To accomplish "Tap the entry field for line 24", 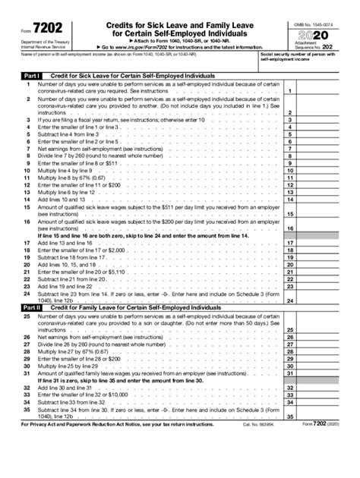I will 321,299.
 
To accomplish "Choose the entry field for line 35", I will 321,437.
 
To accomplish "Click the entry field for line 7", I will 321,149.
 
